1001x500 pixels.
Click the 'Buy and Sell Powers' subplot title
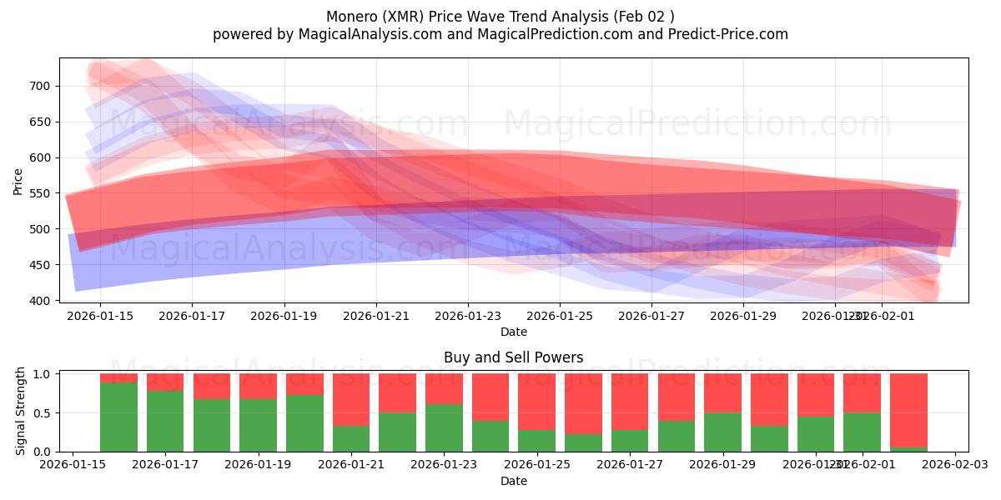(513, 357)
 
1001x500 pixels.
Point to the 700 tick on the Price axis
(41, 86)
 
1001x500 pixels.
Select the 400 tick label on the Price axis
(41, 301)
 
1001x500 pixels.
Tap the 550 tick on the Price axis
(41, 193)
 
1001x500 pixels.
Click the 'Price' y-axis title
(18, 180)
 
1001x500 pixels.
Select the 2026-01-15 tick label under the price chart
(100, 316)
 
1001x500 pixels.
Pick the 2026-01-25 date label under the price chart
(560, 316)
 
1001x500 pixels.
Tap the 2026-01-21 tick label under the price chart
(375, 316)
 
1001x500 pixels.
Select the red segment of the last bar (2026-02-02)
(908, 408)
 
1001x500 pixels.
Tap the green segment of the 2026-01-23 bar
(444, 427)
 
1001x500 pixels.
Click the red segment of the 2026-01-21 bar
(351, 400)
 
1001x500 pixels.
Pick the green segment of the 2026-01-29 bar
(722, 432)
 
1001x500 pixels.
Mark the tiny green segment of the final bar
(908, 449)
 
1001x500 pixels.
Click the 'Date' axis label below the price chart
(513, 332)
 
